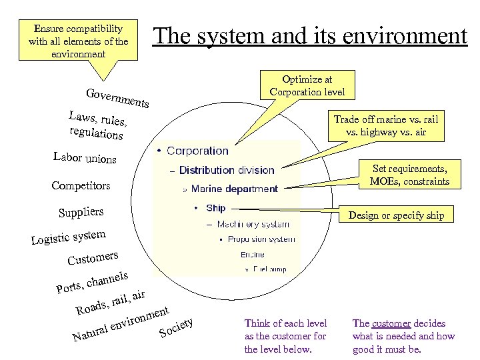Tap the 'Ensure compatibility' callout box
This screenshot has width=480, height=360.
(79, 41)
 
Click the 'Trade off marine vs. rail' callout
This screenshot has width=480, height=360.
(386, 125)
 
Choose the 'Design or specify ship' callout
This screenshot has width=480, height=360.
(395, 215)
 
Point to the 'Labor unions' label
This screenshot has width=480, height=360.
(85, 158)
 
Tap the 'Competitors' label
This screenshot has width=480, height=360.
(81, 185)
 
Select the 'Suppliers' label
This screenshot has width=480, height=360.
(81, 213)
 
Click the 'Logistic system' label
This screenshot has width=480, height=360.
(68, 237)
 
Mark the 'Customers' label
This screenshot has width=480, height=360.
(93, 257)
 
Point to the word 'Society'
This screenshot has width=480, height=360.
(176, 327)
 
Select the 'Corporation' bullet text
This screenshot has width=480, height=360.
(197, 151)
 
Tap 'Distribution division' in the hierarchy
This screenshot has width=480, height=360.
(227, 171)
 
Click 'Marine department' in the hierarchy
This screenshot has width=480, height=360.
(234, 189)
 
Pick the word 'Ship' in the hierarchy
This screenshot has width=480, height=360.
(215, 208)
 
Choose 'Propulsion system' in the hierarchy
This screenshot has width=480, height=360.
(261, 239)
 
